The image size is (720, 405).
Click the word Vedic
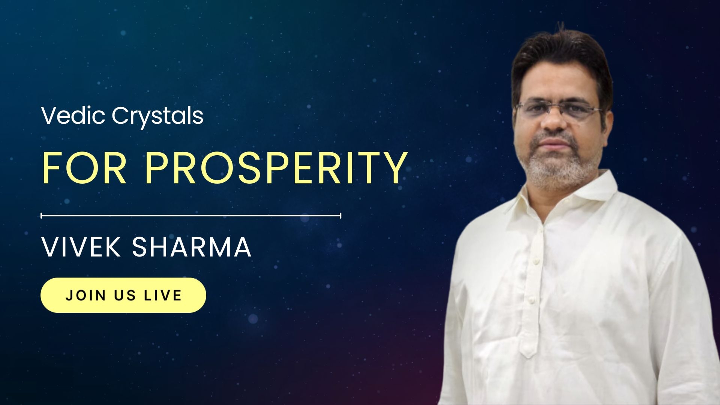[73, 115]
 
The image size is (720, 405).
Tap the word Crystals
[158, 117]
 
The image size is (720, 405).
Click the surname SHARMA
[192, 247]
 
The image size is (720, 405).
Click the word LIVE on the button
[163, 295]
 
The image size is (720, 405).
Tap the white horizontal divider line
[191, 216]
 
